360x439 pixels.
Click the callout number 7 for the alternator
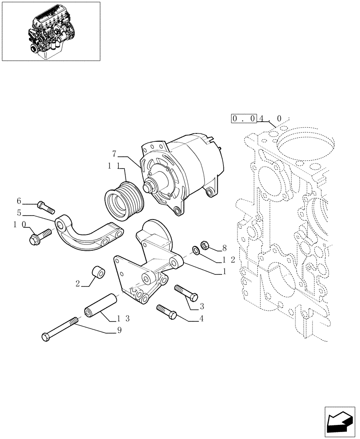coord(114,154)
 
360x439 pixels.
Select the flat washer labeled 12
coord(195,251)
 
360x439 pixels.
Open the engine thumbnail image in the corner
coord(50,31)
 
